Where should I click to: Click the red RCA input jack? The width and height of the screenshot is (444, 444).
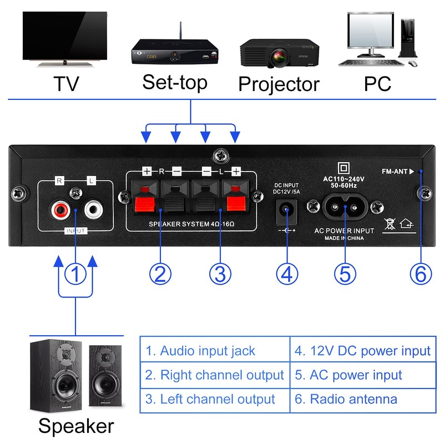pyautogui.click(x=60, y=210)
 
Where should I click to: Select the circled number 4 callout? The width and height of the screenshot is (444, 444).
pyautogui.click(x=286, y=273)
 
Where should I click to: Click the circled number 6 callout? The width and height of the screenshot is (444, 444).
pyautogui.click(x=420, y=273)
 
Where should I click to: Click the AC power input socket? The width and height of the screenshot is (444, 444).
pyautogui.click(x=344, y=209)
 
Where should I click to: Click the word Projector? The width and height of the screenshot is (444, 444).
pyautogui.click(x=279, y=84)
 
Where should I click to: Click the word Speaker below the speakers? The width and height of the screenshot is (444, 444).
pyautogui.click(x=76, y=426)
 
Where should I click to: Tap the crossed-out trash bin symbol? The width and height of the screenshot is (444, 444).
pyautogui.click(x=390, y=223)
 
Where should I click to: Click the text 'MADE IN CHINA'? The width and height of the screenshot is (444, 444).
pyautogui.click(x=344, y=238)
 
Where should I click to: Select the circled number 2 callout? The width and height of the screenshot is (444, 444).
pyautogui.click(x=160, y=273)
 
